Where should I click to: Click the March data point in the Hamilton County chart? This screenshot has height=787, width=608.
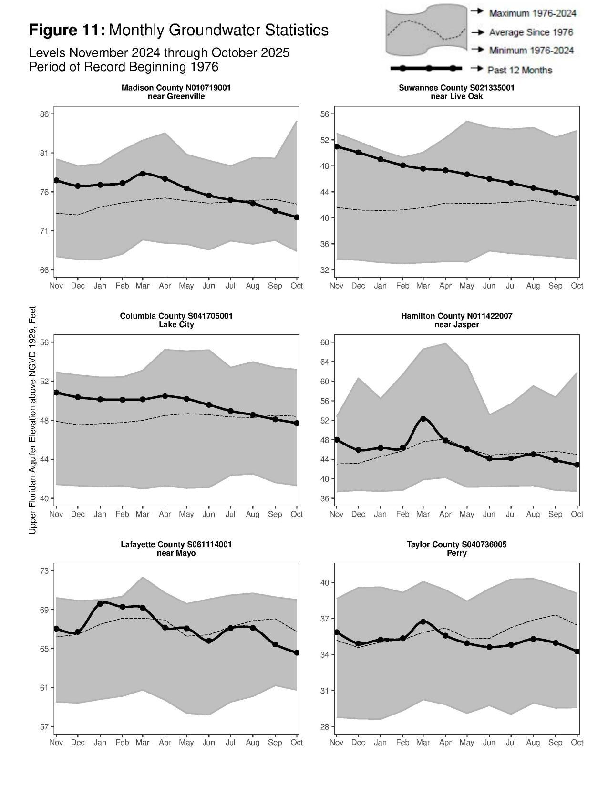(423, 419)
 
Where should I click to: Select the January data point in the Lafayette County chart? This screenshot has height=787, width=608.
(100, 604)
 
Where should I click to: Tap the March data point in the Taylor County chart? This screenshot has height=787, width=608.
(423, 622)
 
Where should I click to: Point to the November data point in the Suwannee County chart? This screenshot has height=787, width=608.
(337, 146)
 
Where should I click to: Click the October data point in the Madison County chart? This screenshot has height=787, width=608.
(297, 217)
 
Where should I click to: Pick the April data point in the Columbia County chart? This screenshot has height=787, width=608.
(165, 396)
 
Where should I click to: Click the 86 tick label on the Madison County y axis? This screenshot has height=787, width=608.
(44, 114)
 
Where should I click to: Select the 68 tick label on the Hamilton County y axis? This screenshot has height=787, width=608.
(324, 342)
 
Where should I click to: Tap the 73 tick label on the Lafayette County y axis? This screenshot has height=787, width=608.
(44, 571)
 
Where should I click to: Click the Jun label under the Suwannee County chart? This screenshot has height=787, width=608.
(489, 286)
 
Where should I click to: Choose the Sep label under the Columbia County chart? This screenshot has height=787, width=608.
(275, 514)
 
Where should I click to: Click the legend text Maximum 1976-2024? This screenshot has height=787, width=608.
(532, 13)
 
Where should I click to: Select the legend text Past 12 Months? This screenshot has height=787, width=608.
(519, 70)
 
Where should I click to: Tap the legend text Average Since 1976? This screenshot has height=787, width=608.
(531, 32)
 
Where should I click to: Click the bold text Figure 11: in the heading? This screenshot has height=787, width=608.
(67, 30)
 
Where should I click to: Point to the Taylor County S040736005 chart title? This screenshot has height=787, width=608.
(456, 544)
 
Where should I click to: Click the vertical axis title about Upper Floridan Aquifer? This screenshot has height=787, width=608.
(32, 420)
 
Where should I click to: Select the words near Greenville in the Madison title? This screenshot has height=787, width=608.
(176, 96)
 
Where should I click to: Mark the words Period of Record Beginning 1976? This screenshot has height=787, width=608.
(124, 67)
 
